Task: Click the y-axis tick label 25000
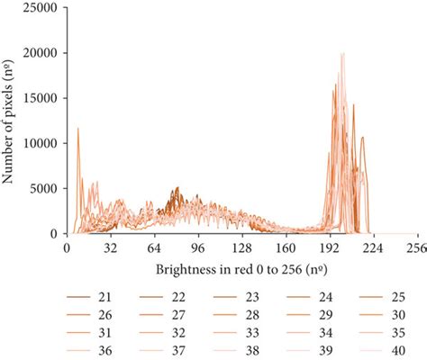pos(41,8)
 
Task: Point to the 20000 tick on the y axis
pos(41,53)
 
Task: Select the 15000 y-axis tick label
pos(41,98)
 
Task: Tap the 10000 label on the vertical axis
pos(41,143)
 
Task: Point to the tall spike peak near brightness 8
pos(77,129)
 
